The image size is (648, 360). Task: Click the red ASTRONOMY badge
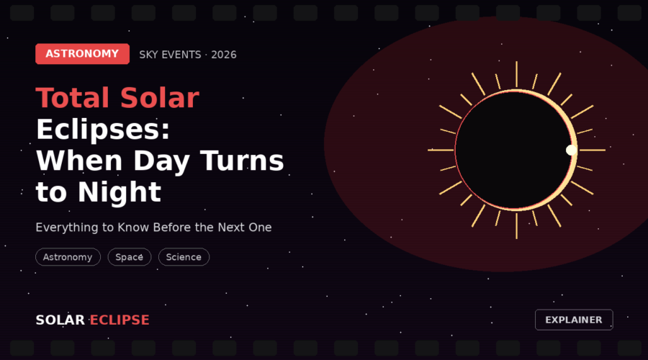click(82, 54)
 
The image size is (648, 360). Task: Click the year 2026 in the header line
click(224, 55)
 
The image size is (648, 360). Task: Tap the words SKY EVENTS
click(170, 55)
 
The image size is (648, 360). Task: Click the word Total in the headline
click(74, 98)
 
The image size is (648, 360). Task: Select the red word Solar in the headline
click(160, 98)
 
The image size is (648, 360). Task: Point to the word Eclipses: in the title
click(103, 130)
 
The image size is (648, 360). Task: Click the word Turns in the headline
click(242, 161)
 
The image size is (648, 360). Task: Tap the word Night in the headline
click(120, 192)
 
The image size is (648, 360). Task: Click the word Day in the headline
click(161, 161)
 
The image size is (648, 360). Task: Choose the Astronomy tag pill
click(68, 257)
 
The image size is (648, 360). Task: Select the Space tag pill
click(130, 257)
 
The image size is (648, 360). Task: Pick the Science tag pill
click(184, 257)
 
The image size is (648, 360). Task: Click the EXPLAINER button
click(574, 320)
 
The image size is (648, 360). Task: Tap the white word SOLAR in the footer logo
click(60, 320)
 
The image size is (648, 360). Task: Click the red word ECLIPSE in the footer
click(120, 320)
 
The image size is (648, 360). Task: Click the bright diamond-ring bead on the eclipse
click(571, 150)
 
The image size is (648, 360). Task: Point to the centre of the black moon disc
click(513, 150)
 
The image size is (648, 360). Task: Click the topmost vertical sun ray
click(516, 74)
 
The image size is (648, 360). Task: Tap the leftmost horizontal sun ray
click(441, 150)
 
